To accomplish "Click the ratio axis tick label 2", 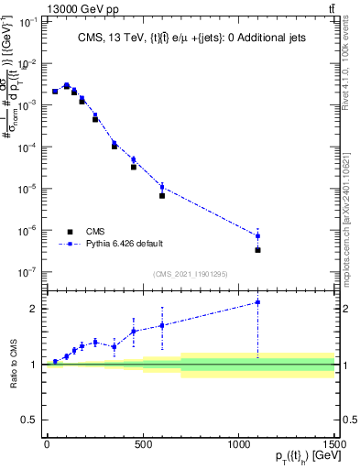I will coord(33,309).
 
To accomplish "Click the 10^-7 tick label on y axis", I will coord(28,272).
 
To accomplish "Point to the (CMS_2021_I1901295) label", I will coord(189,274).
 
